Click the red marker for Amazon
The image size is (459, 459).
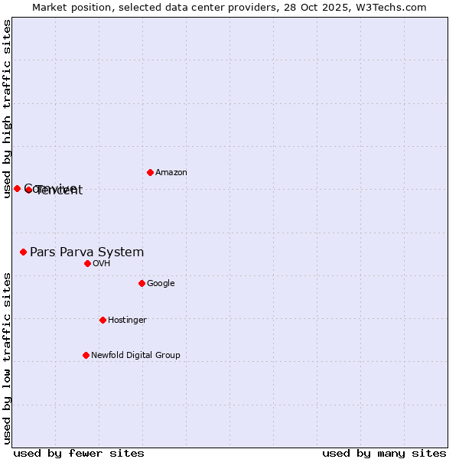pos(150,172)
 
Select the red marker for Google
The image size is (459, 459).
pos(142,283)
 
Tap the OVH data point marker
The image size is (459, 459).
pos(87,263)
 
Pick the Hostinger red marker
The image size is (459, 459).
pos(103,320)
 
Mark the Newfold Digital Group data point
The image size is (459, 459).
pos(86,355)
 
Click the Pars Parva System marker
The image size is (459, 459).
pos(23,252)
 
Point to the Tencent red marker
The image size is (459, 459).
pos(28,190)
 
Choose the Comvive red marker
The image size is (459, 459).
pos(17,188)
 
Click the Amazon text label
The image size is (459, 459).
pos(171,173)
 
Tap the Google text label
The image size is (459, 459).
pos(161,284)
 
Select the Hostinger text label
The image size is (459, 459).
pos(127,321)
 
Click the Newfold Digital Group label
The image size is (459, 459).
pos(135,356)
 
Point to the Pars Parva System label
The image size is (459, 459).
pos(86,252)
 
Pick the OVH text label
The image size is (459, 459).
pos(102,264)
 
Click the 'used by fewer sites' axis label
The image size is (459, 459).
pos(79,453)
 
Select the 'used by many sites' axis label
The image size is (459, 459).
pos(384,453)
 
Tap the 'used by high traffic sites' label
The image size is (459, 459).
pos(7,109)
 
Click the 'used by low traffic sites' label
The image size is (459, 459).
pos(7,357)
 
